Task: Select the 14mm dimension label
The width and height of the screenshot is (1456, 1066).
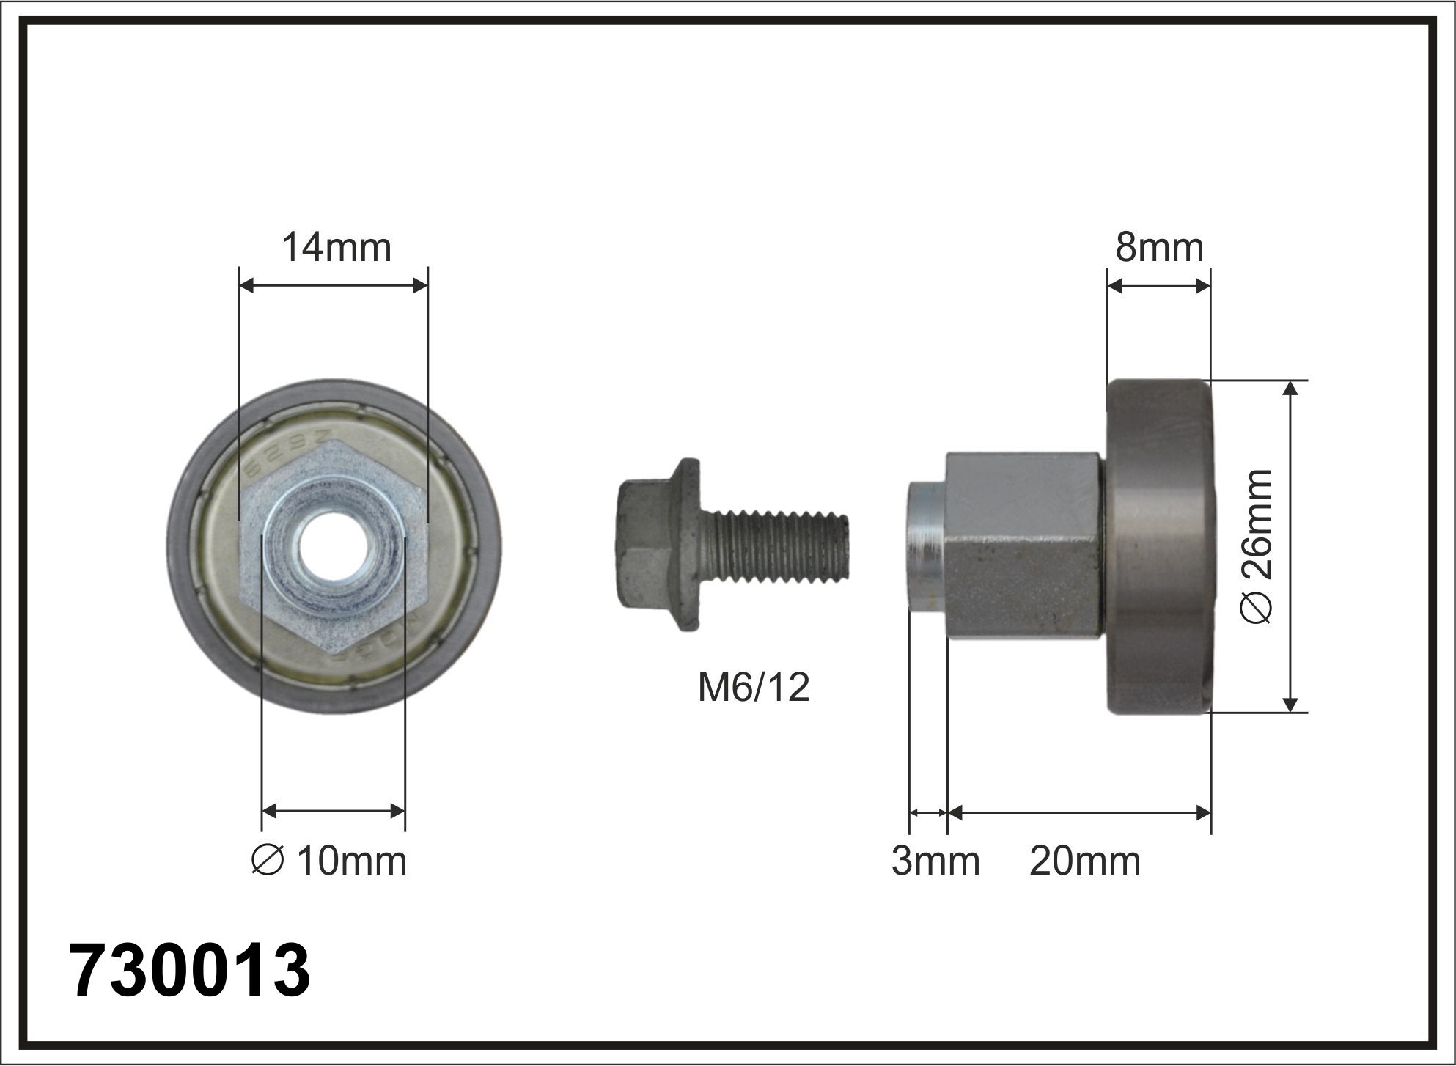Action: pos(337,248)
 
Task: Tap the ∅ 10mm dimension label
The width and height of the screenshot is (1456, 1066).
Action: pos(328,861)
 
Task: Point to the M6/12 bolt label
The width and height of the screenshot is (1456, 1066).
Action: pos(754,688)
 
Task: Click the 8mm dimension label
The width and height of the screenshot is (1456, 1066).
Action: pos(1160,248)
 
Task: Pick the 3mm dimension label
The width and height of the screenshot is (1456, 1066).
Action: pos(935,861)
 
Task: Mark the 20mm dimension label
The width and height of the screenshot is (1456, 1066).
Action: pos(1085,861)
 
